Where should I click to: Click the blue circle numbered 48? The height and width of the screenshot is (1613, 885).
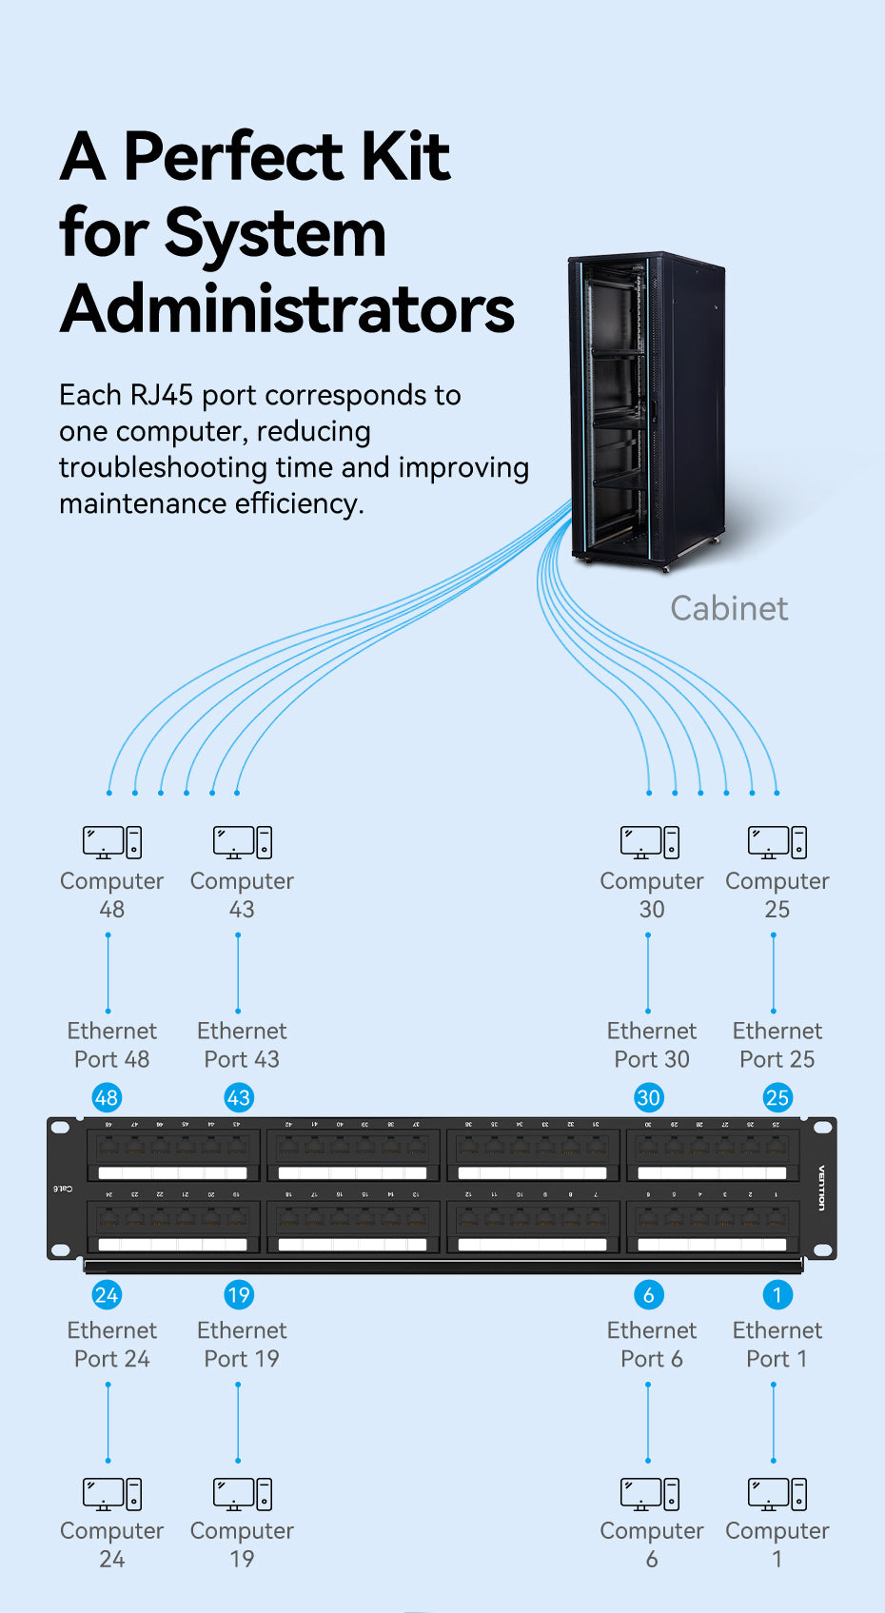click(x=107, y=1097)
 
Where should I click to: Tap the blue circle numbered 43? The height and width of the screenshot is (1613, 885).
click(x=238, y=1097)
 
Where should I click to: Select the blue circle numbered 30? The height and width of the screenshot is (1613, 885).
click(x=649, y=1097)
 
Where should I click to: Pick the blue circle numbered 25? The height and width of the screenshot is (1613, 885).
click(x=777, y=1097)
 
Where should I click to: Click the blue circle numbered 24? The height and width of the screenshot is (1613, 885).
click(x=107, y=1294)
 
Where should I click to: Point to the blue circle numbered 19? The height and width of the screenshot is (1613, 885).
click(x=238, y=1294)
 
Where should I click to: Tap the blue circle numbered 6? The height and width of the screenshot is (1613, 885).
click(x=649, y=1294)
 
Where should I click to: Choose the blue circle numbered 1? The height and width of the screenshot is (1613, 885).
click(x=777, y=1294)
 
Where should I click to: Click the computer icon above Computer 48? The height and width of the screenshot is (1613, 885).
click(x=111, y=842)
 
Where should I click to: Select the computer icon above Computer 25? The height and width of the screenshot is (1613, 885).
click(x=777, y=842)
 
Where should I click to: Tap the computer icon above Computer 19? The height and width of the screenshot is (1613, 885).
click(x=242, y=1494)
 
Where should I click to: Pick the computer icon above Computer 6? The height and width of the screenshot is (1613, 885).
click(x=651, y=1494)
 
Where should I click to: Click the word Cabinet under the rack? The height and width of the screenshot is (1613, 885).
click(x=729, y=608)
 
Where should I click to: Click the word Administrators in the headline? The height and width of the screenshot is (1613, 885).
click(x=287, y=309)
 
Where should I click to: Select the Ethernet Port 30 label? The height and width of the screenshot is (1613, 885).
click(x=652, y=1045)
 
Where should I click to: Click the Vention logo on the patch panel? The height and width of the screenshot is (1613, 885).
click(x=822, y=1188)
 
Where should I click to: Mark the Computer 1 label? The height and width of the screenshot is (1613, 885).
click(x=777, y=1544)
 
